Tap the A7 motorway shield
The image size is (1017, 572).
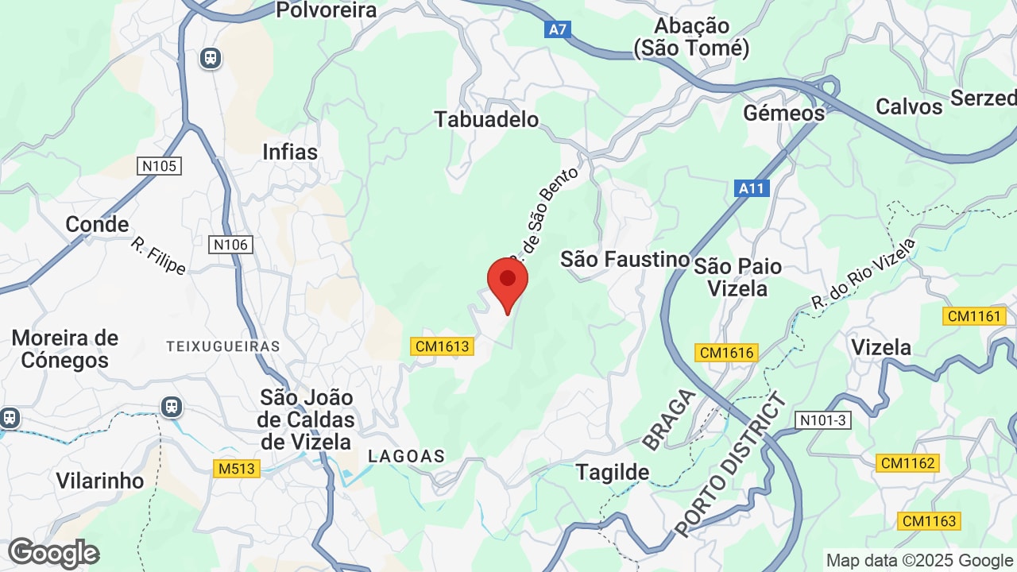point(558,29)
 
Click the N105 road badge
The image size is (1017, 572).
point(159,166)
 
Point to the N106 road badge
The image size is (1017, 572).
point(230,245)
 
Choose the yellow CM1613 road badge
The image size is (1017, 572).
point(443,346)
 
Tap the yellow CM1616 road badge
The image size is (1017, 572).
point(726,352)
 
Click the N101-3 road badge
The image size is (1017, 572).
point(823,420)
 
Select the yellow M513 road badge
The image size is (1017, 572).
point(237,469)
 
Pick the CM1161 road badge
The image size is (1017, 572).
point(974,316)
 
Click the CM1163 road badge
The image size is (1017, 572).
point(929,521)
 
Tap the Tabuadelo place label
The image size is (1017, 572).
point(486,119)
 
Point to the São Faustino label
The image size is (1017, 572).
point(625,259)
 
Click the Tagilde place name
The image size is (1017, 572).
point(613,472)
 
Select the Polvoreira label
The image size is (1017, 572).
point(326,10)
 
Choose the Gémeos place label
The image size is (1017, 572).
point(783,113)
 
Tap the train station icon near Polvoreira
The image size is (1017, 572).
point(211,57)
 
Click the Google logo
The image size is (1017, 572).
point(53,553)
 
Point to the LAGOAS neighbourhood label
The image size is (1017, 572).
point(406,456)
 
